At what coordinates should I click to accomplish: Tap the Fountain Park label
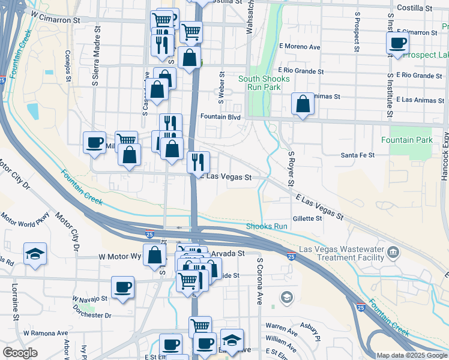pyautogui.click(x=407, y=140)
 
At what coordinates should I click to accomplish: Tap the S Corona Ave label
pyautogui.click(x=260, y=281)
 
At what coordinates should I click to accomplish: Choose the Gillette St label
pyautogui.click(x=307, y=218)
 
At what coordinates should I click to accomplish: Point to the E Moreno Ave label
pyautogui.click(x=300, y=47)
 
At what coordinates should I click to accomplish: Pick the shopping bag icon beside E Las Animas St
pyautogui.click(x=303, y=103)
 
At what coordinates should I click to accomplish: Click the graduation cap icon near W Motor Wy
pyautogui.click(x=35, y=254)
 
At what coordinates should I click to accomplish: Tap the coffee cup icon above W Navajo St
pyautogui.click(x=122, y=286)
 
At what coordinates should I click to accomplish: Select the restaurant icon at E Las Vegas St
pyautogui.click(x=197, y=161)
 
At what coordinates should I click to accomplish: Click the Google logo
pyautogui.click(x=20, y=353)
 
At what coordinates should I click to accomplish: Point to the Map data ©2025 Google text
pyautogui.click(x=411, y=355)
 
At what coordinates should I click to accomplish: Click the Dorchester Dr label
pyautogui.click(x=92, y=315)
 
